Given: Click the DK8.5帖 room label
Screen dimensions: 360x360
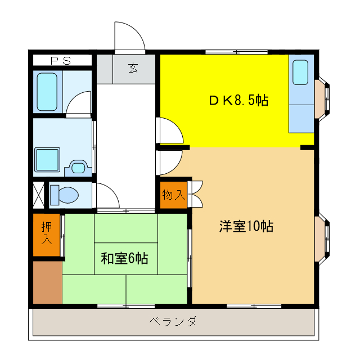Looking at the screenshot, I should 238,101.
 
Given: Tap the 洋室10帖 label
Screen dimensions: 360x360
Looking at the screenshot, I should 246,227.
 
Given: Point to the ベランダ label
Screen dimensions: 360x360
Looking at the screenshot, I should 173,322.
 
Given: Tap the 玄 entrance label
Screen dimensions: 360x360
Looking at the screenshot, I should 133,69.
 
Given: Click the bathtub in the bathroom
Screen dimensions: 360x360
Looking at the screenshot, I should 47,92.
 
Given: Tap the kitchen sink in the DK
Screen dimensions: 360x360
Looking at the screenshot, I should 300,73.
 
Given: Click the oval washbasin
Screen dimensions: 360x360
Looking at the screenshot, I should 78,167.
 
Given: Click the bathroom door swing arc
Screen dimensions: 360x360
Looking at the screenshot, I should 79,104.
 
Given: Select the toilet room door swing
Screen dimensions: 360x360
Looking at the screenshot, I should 107,195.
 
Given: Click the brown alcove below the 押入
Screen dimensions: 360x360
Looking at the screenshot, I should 47,282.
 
